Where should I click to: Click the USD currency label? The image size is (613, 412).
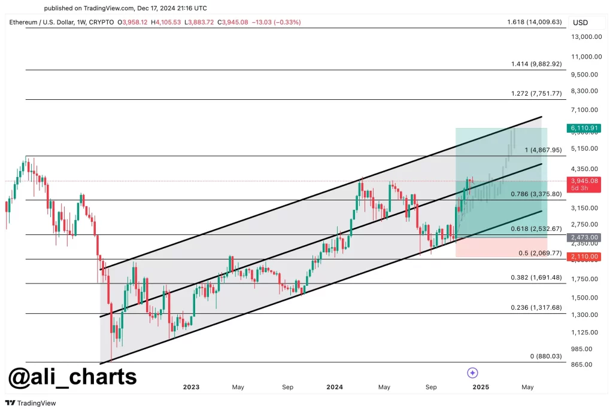[x=580, y=23]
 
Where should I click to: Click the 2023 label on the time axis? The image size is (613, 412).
[x=191, y=387]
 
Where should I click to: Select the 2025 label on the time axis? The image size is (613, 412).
[x=481, y=387]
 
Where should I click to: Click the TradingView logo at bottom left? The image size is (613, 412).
[x=31, y=403]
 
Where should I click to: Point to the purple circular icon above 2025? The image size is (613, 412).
[x=472, y=373]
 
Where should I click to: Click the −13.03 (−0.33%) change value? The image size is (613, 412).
[x=278, y=22]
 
